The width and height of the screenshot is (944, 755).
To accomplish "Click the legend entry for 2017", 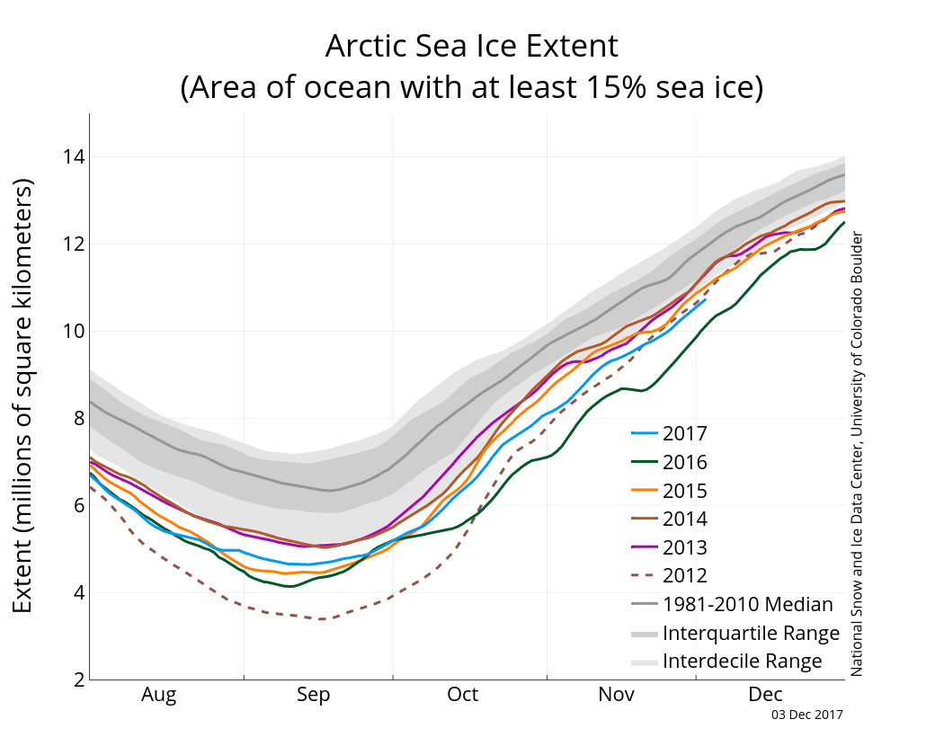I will pyautogui.click(x=684, y=434).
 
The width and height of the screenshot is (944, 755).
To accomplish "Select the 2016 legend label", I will pyautogui.click(x=684, y=463).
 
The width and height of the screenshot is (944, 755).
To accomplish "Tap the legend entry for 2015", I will pyautogui.click(x=684, y=492).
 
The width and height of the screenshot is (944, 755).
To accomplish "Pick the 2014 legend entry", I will pyautogui.click(x=684, y=520).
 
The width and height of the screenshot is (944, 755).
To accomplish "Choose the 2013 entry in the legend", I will pyautogui.click(x=684, y=548).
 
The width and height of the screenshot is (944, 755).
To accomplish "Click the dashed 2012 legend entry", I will pyautogui.click(x=684, y=576).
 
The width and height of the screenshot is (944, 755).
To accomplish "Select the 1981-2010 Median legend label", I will pyautogui.click(x=747, y=605).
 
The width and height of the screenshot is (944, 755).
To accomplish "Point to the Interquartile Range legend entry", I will pyautogui.click(x=751, y=633).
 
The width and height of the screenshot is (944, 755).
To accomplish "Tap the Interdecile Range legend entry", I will pyautogui.click(x=742, y=662).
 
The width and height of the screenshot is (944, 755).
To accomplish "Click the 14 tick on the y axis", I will pyautogui.click(x=73, y=157).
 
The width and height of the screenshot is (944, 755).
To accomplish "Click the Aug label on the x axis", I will pyautogui.click(x=159, y=695).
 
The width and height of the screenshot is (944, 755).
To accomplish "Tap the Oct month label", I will pyautogui.click(x=463, y=695).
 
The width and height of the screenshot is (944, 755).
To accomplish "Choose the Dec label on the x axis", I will pyautogui.click(x=766, y=695).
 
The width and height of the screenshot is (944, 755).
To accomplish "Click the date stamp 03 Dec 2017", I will pyautogui.click(x=806, y=715).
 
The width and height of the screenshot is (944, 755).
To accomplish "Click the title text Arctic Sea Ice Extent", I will pyautogui.click(x=471, y=46).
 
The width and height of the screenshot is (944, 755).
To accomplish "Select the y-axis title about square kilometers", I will pyautogui.click(x=23, y=395).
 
